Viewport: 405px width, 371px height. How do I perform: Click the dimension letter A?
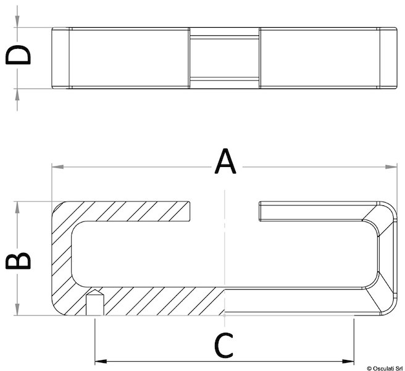[x=225, y=161]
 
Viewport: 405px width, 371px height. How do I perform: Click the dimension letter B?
[x=18, y=262]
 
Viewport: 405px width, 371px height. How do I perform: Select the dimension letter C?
[x=223, y=346]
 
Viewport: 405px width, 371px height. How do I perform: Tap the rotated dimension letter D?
[x=18, y=54]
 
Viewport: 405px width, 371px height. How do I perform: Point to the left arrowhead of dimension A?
[x=57, y=167]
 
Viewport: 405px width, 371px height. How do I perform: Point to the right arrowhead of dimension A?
[x=391, y=167]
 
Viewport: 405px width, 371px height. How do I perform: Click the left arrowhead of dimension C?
[x=101, y=361]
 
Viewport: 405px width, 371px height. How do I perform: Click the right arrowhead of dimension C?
[x=348, y=361]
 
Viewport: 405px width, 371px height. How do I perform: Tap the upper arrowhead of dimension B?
[x=17, y=207]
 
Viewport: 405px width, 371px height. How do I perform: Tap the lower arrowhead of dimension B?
[x=17, y=309]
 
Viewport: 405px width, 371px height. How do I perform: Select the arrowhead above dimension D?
[x=17, y=22]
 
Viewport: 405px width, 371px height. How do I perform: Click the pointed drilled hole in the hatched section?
[x=95, y=302]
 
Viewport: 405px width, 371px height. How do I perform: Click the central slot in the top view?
[x=225, y=58]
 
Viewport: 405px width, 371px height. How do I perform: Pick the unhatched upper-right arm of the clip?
[x=318, y=211]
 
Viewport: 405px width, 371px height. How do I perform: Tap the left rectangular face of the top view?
[x=128, y=58]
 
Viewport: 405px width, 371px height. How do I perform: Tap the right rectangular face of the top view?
[x=320, y=58]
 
